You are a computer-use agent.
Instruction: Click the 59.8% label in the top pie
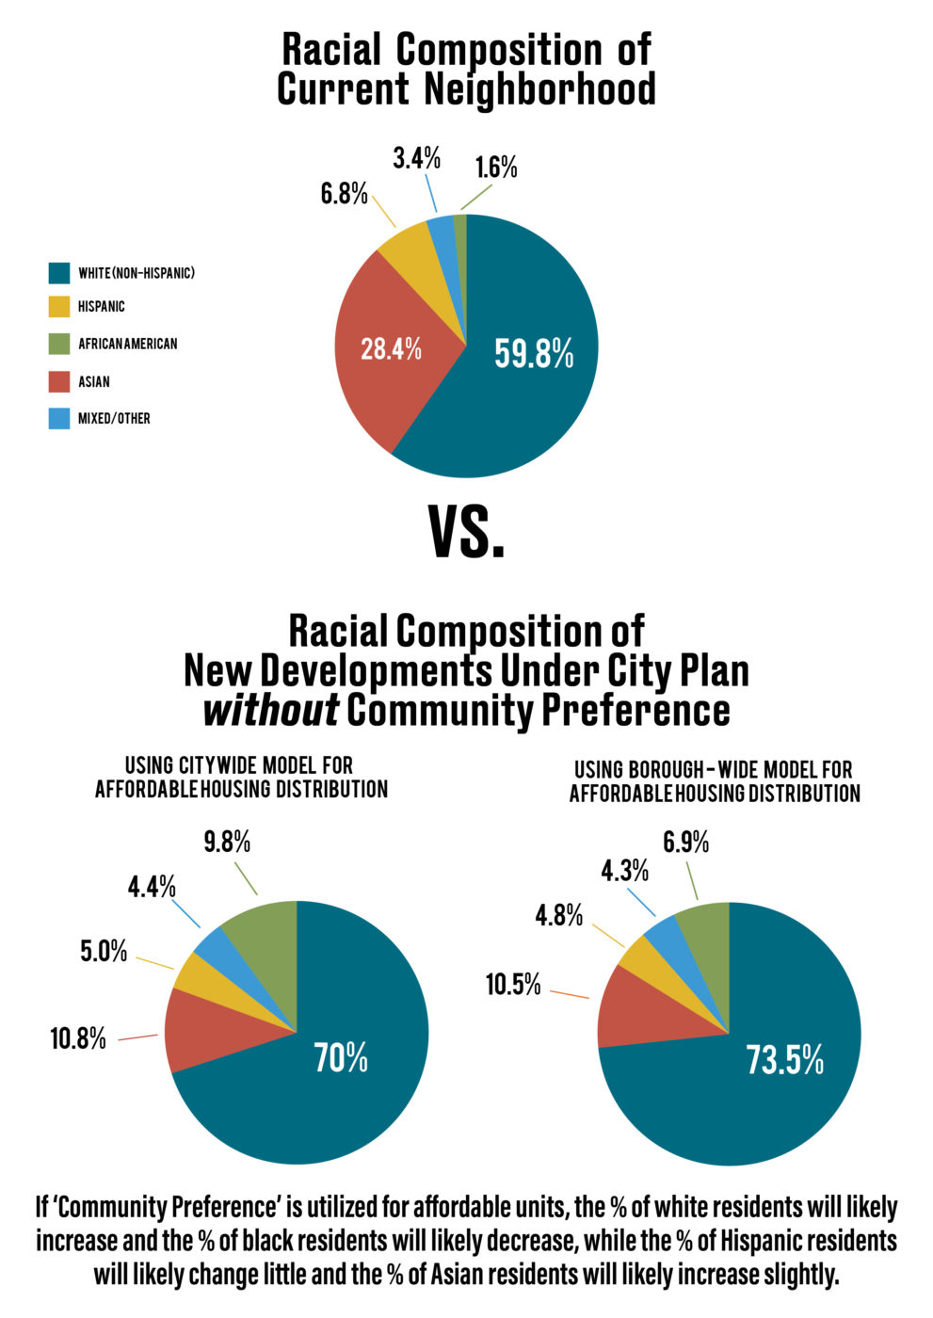(x=534, y=353)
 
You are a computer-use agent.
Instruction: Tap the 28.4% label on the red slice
(x=391, y=348)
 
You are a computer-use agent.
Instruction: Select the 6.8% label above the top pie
(x=345, y=193)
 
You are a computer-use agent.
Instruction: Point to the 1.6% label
(x=496, y=168)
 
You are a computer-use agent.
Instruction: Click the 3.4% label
(x=416, y=158)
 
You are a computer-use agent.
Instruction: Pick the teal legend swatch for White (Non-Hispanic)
(x=58, y=273)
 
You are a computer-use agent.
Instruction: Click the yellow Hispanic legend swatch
(x=58, y=307)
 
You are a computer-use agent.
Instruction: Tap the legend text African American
(x=128, y=344)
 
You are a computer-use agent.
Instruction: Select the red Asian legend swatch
(x=58, y=381)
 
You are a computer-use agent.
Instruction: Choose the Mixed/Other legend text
(x=114, y=418)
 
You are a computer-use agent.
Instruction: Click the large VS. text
(x=466, y=531)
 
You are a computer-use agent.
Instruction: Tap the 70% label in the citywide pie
(x=341, y=1057)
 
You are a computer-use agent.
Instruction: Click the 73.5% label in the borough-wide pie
(x=785, y=1060)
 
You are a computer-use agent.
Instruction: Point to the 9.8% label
(x=227, y=842)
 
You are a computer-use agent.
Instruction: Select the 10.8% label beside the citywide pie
(x=78, y=1038)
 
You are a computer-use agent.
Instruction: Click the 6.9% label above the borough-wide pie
(x=686, y=842)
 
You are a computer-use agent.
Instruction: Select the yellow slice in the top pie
(x=411, y=259)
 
